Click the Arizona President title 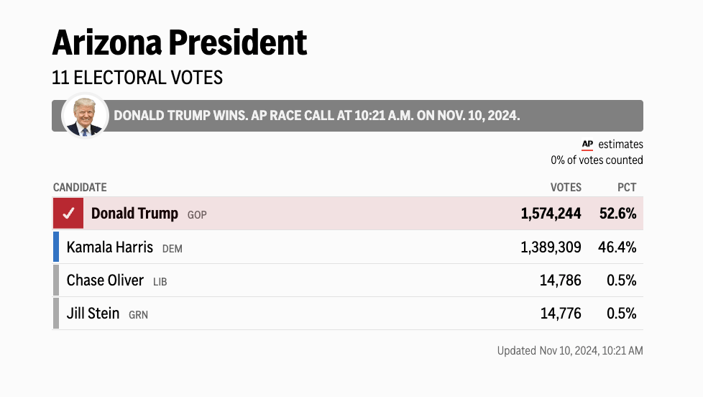pos(179,43)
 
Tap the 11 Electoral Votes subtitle pos(137,78)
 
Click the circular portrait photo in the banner pos(85,115)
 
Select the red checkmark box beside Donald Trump pos(68,214)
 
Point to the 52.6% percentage pos(617,214)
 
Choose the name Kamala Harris pos(110,247)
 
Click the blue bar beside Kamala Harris pos(56,247)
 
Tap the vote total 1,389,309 pos(551,247)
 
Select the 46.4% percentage pos(617,247)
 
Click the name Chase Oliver pos(105,280)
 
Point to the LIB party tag pos(160,282)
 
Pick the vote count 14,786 pos(561,280)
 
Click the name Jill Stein pos(93,314)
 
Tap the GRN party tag pos(138,315)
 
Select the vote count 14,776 pos(561,314)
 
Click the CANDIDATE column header pos(80,188)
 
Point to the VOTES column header pos(566,188)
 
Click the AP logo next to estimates pos(587,145)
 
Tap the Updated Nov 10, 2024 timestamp pos(570,351)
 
